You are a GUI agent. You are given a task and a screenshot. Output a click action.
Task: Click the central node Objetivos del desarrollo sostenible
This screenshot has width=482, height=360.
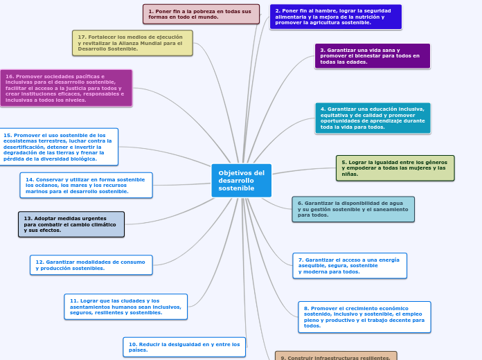[241, 181]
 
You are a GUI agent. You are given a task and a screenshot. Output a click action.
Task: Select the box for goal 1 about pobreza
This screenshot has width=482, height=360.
[201, 14]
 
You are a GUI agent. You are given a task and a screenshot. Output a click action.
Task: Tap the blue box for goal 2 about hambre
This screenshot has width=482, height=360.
[335, 17]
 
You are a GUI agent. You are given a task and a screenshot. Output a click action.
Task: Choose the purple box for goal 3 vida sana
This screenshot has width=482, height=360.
[372, 56]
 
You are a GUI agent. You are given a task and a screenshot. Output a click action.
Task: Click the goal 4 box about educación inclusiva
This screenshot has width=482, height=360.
[372, 118]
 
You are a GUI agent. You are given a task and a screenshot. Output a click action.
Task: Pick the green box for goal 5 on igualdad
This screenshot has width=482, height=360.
[395, 168]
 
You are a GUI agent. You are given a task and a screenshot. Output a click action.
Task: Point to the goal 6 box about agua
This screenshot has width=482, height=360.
[353, 209]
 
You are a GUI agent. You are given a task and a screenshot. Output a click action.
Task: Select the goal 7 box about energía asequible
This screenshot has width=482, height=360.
[349, 266]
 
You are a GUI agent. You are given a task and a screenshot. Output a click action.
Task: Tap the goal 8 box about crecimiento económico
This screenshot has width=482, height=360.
[364, 317]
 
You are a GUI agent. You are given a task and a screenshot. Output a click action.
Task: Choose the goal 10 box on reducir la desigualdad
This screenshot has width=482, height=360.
[184, 347]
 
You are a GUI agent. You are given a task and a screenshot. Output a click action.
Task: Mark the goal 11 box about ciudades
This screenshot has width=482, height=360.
[125, 307]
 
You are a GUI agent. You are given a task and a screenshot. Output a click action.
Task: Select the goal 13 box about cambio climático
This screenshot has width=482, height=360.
[71, 224]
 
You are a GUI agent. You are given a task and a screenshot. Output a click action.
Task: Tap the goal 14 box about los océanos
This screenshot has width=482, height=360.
[86, 186]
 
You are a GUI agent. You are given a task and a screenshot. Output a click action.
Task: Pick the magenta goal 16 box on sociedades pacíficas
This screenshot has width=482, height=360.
[65, 88]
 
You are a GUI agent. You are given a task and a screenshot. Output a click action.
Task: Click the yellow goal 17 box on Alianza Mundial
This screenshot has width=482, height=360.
[132, 43]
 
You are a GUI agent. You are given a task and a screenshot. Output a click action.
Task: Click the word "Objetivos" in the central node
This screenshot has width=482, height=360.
[233, 173]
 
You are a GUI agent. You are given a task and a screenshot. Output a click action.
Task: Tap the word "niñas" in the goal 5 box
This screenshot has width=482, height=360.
[349, 174]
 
